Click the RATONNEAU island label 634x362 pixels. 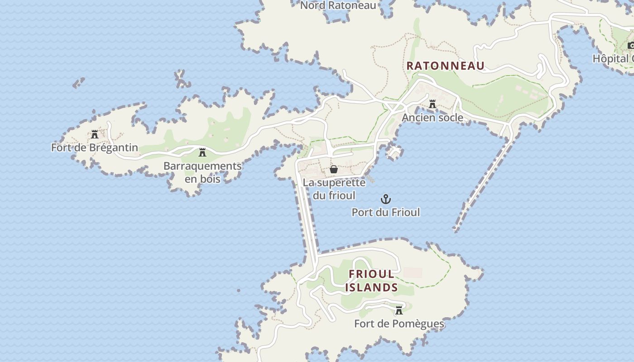445,66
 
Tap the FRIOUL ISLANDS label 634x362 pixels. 371,281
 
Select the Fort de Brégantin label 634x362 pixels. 94,148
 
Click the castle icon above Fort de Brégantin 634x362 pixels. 95,134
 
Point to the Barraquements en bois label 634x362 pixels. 202,172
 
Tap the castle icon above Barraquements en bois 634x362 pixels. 202,152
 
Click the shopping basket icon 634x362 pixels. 334,169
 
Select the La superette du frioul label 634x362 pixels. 334,189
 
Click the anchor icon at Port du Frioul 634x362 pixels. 385,199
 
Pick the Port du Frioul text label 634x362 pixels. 386,212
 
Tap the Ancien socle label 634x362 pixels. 432,118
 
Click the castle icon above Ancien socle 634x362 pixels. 432,105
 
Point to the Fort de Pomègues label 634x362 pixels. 399,324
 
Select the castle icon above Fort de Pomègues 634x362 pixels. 399,310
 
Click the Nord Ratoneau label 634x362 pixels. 338,5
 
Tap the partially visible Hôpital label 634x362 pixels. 613,59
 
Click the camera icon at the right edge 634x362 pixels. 631,45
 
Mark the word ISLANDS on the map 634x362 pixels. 371,287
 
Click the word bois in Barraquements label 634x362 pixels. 202,179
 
